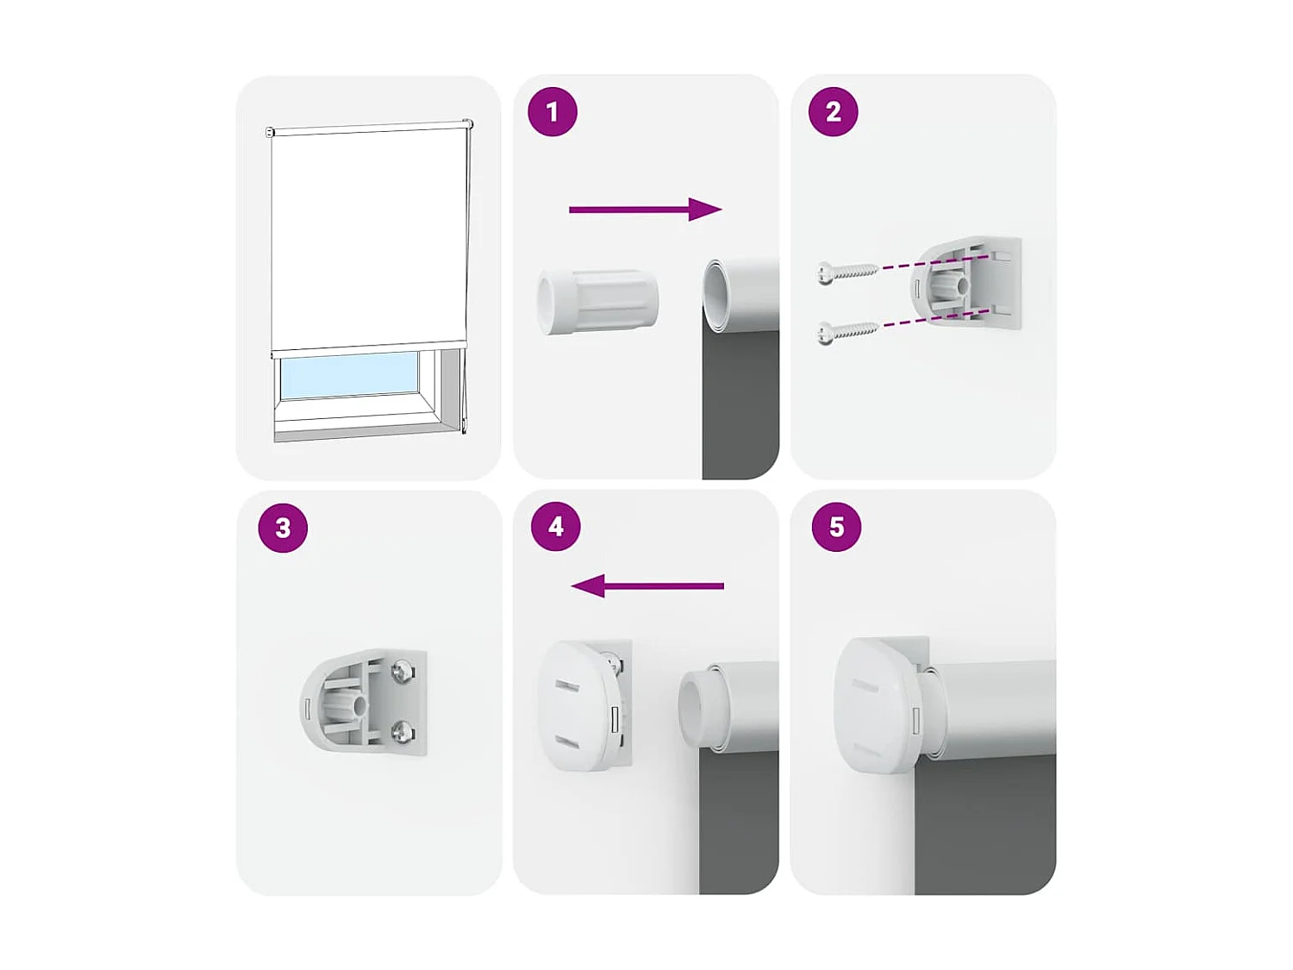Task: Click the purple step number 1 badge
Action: [553, 111]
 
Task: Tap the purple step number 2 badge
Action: [833, 111]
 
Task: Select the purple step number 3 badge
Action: [283, 528]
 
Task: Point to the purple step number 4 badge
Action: [556, 526]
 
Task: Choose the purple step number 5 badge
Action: [836, 527]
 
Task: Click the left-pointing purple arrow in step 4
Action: [647, 586]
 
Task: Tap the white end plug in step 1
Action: [597, 301]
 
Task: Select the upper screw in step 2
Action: [846, 272]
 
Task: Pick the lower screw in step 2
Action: [846, 331]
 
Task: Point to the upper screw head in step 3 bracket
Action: [403, 671]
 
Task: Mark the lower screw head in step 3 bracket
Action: [403, 732]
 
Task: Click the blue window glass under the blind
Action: [348, 374]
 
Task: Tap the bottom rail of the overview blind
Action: [369, 348]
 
